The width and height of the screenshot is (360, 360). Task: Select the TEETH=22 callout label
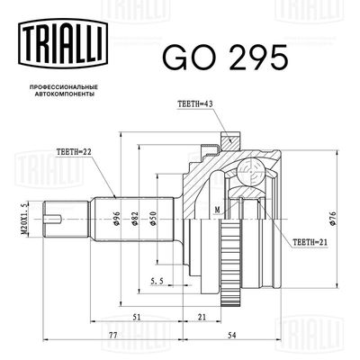(x=75, y=153)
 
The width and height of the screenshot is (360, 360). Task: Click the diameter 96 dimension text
(x=118, y=217)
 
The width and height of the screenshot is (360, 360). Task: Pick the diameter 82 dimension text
(x=135, y=217)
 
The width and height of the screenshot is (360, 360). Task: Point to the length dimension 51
(x=138, y=316)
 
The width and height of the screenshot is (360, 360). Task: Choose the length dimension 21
(x=202, y=316)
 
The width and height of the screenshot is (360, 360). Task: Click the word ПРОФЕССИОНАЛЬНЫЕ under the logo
(x=58, y=85)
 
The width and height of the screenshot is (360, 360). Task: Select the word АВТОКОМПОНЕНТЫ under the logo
(x=58, y=93)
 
